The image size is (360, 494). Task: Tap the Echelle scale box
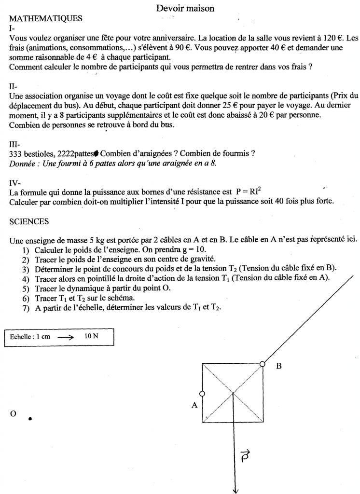tap(58, 337)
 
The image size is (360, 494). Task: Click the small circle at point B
tap(262, 364)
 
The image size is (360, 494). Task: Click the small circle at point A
tap(202, 394)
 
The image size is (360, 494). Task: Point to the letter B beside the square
tap(278, 366)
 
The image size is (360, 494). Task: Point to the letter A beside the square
tap(194, 405)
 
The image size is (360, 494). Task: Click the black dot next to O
tap(30, 419)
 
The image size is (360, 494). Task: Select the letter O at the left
tap(13, 414)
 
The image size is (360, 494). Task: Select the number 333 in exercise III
tap(16, 153)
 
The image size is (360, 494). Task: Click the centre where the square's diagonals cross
tap(233, 393)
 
